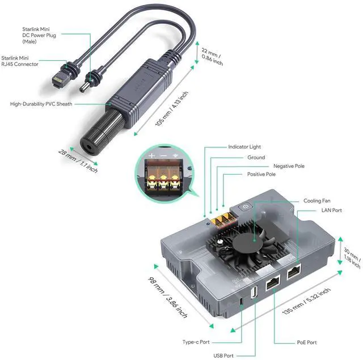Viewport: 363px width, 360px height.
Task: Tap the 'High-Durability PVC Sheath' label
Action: (41, 104)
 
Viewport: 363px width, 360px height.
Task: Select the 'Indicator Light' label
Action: (244, 147)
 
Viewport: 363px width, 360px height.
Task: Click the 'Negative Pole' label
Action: (289, 166)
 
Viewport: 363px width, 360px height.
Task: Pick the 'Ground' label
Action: (256, 158)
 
